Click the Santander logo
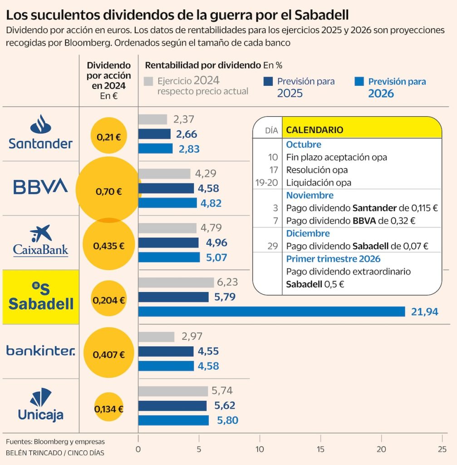pos(40,133)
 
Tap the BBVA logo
pos(40,187)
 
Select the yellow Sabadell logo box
pos(41,297)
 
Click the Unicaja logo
pos(40,404)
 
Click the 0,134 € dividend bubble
pos(108,409)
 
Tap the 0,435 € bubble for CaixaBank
pos(108,246)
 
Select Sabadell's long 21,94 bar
pos(271,312)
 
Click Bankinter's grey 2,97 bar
pos(156,337)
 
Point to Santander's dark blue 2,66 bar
pos(154,134)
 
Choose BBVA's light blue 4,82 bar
pos(167,203)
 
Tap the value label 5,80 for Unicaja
pos(228,420)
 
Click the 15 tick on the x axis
pos(320,449)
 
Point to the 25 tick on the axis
pos(442,449)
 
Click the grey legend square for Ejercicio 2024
pos(148,81)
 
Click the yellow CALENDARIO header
pos(361,130)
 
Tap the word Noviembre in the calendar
pos(310,195)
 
